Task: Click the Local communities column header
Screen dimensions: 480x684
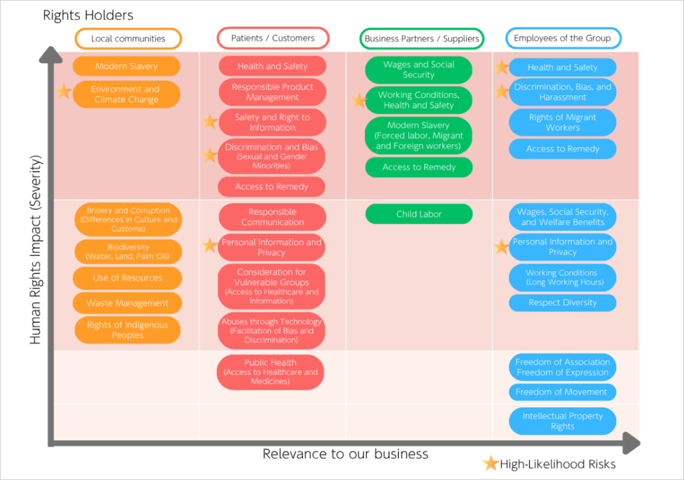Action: pos(128,38)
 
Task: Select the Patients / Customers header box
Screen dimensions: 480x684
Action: pos(273,38)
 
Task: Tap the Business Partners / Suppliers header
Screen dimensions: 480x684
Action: pos(421,38)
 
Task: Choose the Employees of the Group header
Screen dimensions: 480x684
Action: pos(563,38)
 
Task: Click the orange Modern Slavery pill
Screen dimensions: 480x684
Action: pos(127,67)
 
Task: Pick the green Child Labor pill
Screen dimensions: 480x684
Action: pos(419,214)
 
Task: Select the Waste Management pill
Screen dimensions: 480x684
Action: pos(127,303)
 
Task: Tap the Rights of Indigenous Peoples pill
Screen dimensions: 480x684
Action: pos(127,330)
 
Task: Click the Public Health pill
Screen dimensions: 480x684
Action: pos(270,372)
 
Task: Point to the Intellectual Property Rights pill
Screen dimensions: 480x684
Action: pos(563,421)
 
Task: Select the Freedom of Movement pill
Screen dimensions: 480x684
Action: pos(563,392)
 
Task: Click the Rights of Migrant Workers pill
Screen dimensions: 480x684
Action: pos(563,122)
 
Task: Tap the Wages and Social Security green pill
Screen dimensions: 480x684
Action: pos(419,70)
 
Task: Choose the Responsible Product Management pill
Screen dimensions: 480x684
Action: pos(272,92)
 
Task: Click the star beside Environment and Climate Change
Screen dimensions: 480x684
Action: pos(63,92)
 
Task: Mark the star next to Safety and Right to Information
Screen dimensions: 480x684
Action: pos(210,121)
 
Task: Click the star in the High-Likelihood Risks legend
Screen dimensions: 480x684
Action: pos(490,463)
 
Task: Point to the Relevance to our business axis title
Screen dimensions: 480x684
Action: pos(345,454)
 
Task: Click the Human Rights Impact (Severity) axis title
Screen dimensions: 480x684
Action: pos(36,250)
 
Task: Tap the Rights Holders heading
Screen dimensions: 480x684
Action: pos(88,15)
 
